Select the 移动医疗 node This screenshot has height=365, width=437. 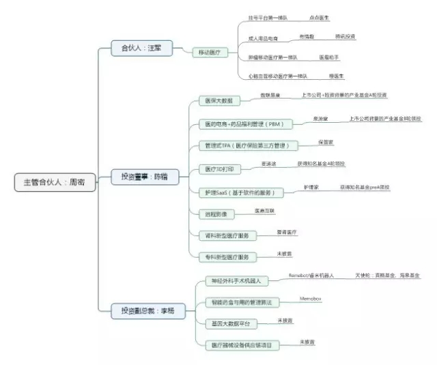pyautogui.click(x=210, y=52)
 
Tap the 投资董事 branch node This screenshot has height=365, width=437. pyautogui.click(x=144, y=177)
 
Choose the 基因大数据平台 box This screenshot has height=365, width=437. pyautogui.click(x=228, y=323)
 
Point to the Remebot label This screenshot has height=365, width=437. pyautogui.click(x=311, y=276)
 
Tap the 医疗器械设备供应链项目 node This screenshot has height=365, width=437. pyautogui.click(x=242, y=345)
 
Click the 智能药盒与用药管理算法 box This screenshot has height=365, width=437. pyautogui.click(x=242, y=302)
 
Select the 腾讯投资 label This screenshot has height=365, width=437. pyautogui.click(x=345, y=36)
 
